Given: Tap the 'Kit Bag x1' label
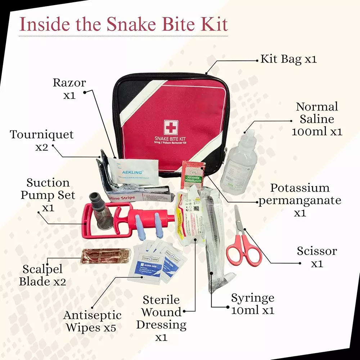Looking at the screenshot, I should [288, 59].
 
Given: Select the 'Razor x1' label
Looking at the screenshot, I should [69, 89].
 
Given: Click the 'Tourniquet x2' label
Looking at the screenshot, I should [42, 141].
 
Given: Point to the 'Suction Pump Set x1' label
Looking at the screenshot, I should [48, 195].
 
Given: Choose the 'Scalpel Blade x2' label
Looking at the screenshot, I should [42, 275].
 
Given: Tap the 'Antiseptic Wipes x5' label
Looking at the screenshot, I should [92, 321].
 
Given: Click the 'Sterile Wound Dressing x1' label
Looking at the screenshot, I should [161, 318].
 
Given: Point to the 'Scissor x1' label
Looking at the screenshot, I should [317, 257].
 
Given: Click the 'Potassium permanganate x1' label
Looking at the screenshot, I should [300, 200].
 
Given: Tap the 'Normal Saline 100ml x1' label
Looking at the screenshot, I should [317, 119].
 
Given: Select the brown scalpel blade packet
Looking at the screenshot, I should [104, 256].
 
